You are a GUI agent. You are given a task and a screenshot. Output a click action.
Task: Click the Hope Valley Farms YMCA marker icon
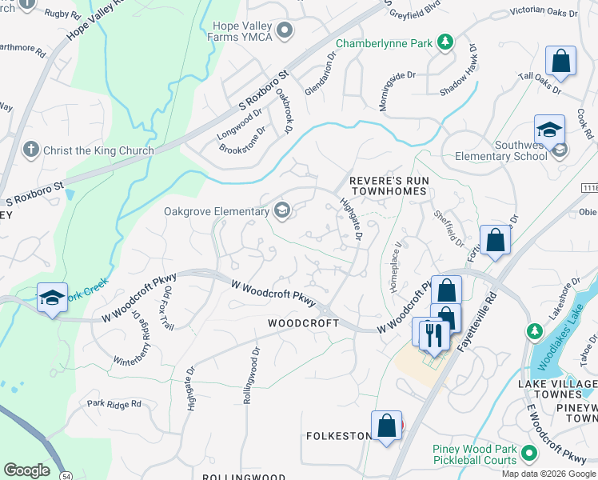pos(285,30)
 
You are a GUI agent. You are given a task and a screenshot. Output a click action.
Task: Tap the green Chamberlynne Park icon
pos(444,42)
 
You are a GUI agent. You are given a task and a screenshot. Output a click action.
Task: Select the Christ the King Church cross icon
pos(31,150)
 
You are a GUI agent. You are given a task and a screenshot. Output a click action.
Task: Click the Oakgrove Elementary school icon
pos(281,211)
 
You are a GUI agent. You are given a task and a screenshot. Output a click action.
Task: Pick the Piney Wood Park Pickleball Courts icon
pos(528,454)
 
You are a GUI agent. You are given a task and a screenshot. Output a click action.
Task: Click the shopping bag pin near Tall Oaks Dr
pos(560,62)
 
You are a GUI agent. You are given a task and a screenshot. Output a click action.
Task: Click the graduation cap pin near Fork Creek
pos(52,298)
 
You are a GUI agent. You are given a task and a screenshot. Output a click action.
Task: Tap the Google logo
pos(27,470)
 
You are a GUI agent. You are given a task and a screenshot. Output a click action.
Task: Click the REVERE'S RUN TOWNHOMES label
pos(389,186)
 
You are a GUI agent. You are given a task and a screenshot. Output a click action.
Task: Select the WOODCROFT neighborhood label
pos(303,323)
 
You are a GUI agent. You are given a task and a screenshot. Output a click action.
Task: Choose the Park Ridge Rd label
pos(114,404)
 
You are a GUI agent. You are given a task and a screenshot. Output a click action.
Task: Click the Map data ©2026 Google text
pos(548,474)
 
